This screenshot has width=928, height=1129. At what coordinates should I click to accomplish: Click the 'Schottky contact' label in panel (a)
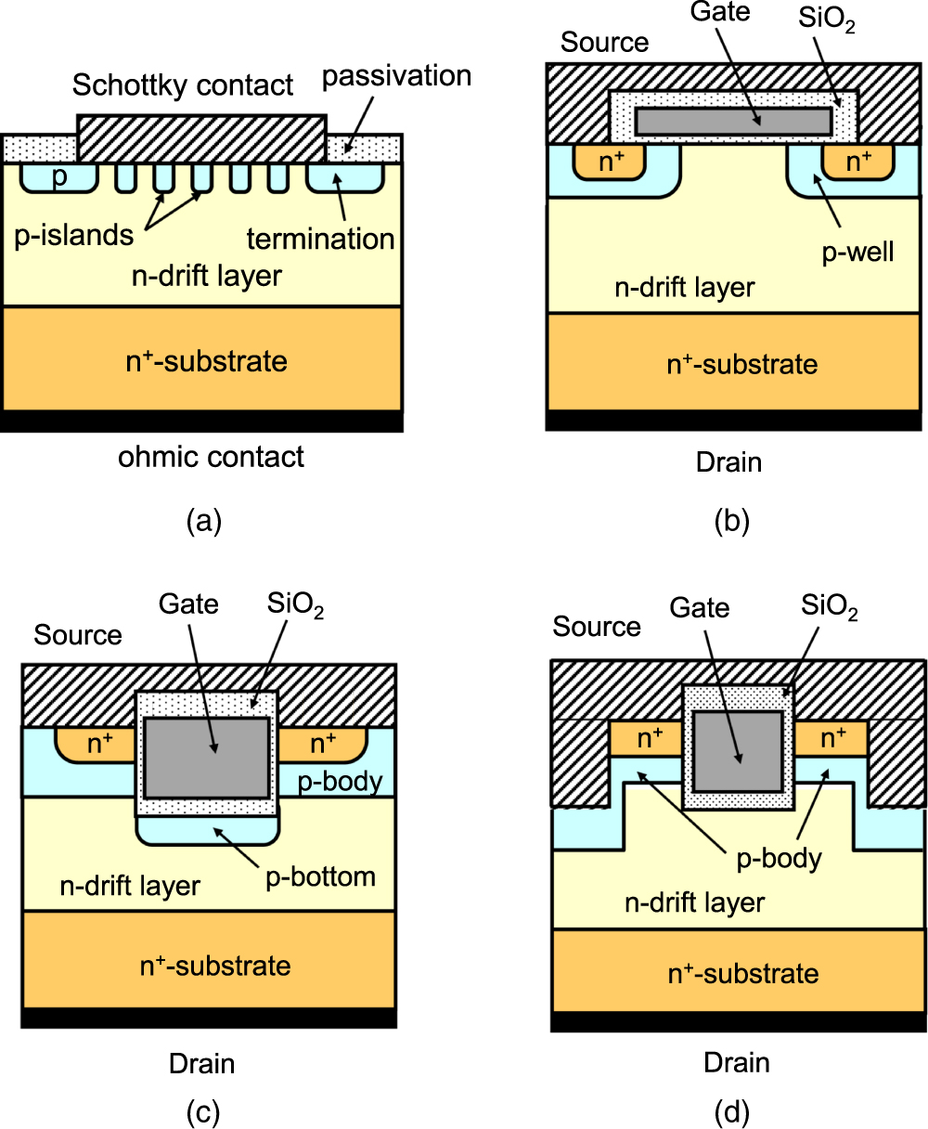(183, 85)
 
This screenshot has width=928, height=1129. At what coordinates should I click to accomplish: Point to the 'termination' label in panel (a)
(320, 239)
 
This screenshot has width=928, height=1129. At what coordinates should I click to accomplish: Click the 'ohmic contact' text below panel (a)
(211, 457)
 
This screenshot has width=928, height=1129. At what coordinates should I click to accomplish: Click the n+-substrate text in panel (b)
(742, 363)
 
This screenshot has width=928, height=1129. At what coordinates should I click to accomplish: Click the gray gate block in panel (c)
(207, 757)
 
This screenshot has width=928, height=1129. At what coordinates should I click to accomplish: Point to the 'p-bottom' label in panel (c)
(320, 876)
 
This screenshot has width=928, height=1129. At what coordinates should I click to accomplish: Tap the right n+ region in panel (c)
(322, 743)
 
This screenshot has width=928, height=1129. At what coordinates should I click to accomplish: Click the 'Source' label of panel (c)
(78, 635)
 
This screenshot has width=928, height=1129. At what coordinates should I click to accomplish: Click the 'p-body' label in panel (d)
(779, 858)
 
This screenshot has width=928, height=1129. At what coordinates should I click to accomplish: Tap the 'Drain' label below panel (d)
(737, 1061)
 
